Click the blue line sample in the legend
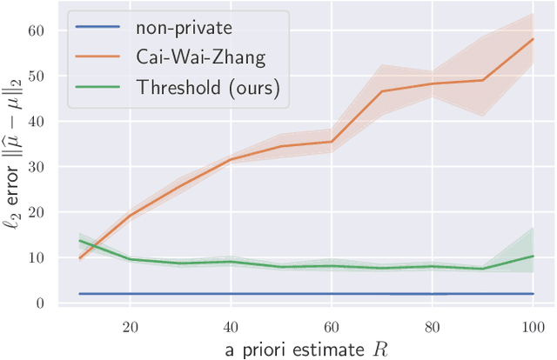[99, 26]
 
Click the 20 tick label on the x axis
[130, 328]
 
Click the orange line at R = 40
[231, 159]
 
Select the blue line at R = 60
[331, 294]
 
